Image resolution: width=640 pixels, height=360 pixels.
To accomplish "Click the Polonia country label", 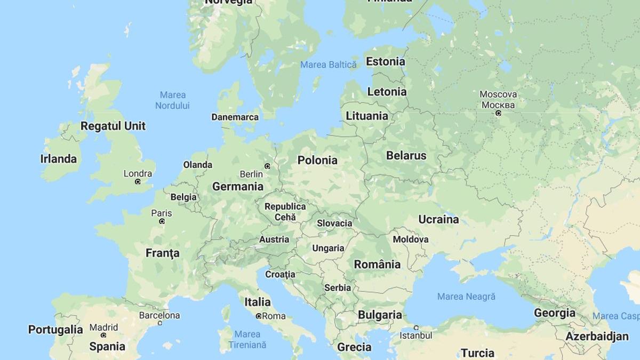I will pos(317,160).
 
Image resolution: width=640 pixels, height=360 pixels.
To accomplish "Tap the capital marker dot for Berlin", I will pos(268,166).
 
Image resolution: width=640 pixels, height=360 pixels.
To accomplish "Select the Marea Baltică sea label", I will pos(328,65).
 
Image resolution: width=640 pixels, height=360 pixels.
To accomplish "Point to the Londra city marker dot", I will pos(138,182).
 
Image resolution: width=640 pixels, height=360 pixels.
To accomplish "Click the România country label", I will pos(377,265).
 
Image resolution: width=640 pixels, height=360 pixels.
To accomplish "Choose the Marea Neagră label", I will pos(466,296).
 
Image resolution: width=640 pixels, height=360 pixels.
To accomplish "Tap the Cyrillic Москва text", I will pos(498,105).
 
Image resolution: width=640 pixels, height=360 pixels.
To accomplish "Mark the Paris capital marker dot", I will pos(162,221).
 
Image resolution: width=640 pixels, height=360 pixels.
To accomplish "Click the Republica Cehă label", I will pos(285,212).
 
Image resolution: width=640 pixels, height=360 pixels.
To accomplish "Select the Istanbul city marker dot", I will pos(416,328).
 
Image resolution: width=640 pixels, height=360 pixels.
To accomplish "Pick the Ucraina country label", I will pos(438,219).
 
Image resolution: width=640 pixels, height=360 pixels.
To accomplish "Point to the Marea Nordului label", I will pos(172,100).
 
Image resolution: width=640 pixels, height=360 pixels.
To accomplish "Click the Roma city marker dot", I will pos(259,316).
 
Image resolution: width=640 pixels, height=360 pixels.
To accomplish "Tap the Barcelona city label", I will pos(159,315).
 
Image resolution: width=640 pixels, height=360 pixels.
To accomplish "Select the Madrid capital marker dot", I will pos(103,335).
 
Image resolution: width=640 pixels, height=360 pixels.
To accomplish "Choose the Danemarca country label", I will pos(235,117).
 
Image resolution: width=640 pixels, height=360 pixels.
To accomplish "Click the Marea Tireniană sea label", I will pos(247,340).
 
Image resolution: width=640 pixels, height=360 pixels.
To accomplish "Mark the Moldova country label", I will pos(410,239).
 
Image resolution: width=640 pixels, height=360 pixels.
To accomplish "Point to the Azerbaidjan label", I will pos(597,337).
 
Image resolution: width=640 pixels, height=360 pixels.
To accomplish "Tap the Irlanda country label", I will pos(58,159).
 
